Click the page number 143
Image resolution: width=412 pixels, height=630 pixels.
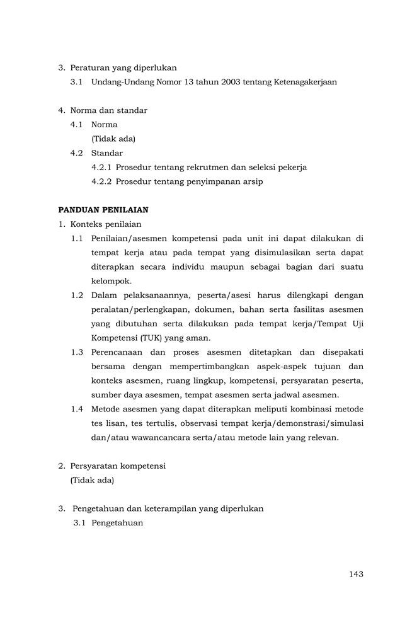coord(355,574)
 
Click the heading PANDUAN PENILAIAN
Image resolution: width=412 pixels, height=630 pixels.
coord(103,209)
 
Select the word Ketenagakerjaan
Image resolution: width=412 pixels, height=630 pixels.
coord(306,82)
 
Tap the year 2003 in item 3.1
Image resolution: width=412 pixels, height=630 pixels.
coord(225,82)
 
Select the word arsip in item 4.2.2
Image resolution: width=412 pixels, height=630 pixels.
coord(251,182)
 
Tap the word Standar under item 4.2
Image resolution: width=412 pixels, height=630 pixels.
coord(107,153)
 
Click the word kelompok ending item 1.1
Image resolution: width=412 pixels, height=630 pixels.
coord(112,281)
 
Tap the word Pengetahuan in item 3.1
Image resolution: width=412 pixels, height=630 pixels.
coord(117,523)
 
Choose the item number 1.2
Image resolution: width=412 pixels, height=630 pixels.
coord(77,295)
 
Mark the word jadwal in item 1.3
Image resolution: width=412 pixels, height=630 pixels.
coord(288,395)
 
